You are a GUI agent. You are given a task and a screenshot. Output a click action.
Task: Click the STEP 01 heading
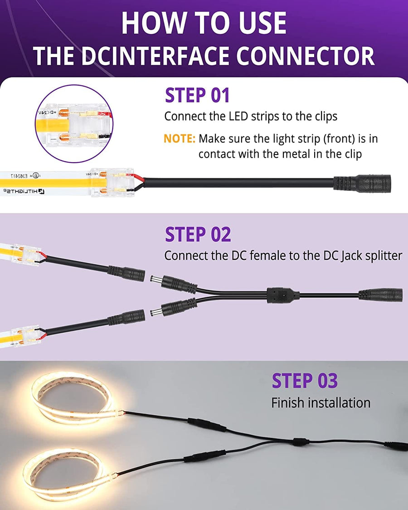[x=197, y=95]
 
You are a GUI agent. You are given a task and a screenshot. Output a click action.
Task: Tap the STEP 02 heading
[x=198, y=234]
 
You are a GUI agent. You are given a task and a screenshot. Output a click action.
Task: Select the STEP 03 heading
[x=305, y=381]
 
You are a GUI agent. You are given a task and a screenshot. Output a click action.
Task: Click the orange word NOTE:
[x=179, y=139]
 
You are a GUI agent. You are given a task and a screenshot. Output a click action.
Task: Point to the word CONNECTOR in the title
[x=306, y=56]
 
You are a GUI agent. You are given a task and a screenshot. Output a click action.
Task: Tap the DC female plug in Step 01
[x=362, y=184]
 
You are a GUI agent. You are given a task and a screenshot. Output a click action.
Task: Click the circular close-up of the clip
[x=74, y=124]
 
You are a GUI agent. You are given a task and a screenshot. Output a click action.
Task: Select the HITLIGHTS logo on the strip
[x=24, y=191]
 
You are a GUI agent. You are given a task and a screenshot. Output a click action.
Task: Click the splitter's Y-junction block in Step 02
[x=283, y=295]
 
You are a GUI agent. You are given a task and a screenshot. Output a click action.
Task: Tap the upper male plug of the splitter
[x=174, y=282]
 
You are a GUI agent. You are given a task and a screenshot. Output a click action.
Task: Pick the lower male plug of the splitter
[x=174, y=308]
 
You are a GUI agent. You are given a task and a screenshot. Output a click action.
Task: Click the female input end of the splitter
[x=380, y=295]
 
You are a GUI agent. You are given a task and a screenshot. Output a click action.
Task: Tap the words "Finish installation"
[x=321, y=403]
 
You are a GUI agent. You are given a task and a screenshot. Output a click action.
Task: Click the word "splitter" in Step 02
[x=384, y=256]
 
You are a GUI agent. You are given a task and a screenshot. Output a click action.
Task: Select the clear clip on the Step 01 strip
[x=112, y=183]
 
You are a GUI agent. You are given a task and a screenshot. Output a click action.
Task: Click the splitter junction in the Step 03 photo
[x=301, y=442]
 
